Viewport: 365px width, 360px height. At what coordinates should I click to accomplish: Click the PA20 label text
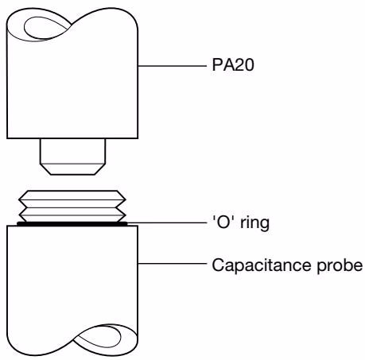233,65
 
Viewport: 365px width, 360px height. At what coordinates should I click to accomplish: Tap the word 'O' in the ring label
224,223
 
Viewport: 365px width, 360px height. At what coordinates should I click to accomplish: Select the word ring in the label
254,224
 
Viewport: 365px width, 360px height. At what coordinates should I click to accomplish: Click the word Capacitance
262,265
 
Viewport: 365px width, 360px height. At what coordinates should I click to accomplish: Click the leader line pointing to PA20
173,66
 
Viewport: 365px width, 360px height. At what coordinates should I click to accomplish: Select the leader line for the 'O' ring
167,223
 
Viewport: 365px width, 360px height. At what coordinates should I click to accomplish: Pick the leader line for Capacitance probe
173,264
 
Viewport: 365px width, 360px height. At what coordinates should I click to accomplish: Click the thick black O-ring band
72,224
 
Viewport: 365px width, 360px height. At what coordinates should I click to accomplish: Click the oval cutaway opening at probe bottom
97,335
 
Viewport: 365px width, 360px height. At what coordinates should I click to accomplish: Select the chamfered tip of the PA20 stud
73,168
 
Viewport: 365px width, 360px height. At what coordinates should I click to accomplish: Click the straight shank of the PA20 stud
73,151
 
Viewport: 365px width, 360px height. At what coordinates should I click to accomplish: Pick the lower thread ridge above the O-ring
72,215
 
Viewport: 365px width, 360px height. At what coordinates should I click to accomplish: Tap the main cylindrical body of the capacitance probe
72,278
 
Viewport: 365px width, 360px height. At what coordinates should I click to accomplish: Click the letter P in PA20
217,65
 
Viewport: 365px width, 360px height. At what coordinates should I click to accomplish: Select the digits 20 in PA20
244,65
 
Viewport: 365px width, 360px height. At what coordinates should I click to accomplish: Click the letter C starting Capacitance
218,265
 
